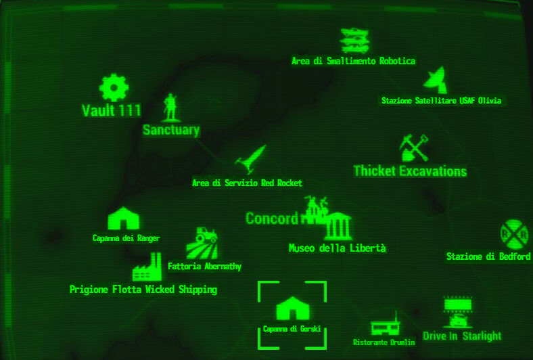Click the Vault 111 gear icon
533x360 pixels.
pyautogui.click(x=114, y=88)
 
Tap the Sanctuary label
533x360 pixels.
pyautogui.click(x=171, y=130)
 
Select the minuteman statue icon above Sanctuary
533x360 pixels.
pyautogui.click(x=170, y=107)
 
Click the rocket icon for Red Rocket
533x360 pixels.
pyautogui.click(x=251, y=161)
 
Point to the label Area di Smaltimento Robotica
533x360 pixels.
pyautogui.click(x=353, y=61)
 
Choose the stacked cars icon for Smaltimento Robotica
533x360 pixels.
pyautogui.click(x=354, y=41)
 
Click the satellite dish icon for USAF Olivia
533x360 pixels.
pyautogui.click(x=436, y=80)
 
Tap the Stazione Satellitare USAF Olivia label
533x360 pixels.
pyautogui.click(x=441, y=101)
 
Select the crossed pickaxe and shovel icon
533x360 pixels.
pyautogui.click(x=413, y=147)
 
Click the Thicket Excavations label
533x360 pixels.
pyautogui.click(x=410, y=171)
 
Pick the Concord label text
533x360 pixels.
pyautogui.click(x=271, y=219)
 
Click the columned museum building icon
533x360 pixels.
pyautogui.click(x=338, y=226)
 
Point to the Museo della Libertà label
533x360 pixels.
pyautogui.click(x=337, y=248)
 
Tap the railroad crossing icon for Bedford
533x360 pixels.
pyautogui.click(x=514, y=234)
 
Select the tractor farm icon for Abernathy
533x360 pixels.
pyautogui.click(x=202, y=244)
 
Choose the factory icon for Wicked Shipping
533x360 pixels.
pyautogui.click(x=147, y=267)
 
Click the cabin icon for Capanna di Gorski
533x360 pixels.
pyautogui.click(x=292, y=309)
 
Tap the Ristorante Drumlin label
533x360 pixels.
pyautogui.click(x=384, y=342)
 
